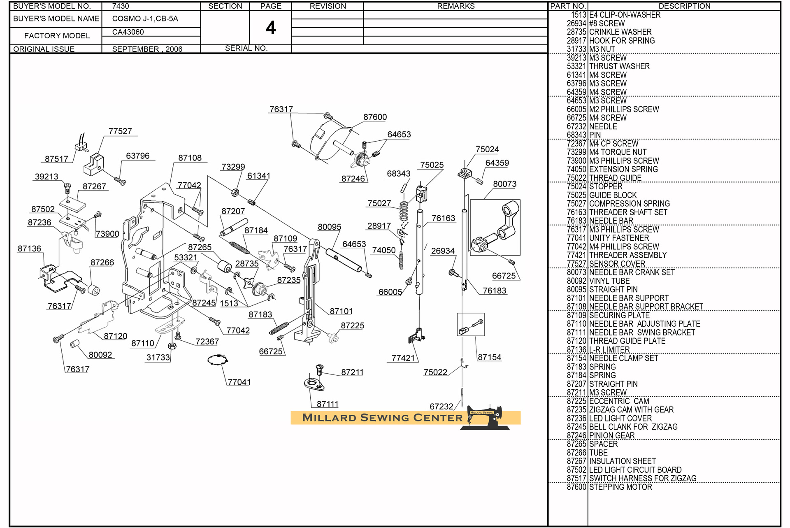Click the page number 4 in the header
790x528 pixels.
click(x=270, y=28)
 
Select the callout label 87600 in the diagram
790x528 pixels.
click(x=375, y=117)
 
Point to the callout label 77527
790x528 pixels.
click(x=120, y=131)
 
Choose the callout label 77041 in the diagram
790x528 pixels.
click(x=239, y=382)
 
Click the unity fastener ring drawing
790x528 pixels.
click(x=218, y=360)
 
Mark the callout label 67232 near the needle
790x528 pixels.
click(x=441, y=407)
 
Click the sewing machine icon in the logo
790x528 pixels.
click(x=486, y=418)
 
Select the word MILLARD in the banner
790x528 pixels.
click(x=329, y=418)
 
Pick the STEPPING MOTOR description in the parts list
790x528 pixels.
click(x=620, y=487)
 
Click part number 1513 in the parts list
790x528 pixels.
click(x=578, y=15)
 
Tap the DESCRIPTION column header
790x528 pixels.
click(x=684, y=6)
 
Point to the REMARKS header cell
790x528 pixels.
click(x=455, y=6)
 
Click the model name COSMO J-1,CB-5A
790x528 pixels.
click(x=145, y=19)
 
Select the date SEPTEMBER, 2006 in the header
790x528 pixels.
click(x=147, y=49)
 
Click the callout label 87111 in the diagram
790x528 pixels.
click(x=328, y=405)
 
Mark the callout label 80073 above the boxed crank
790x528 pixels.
click(x=504, y=184)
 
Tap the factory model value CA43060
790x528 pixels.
click(x=128, y=32)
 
